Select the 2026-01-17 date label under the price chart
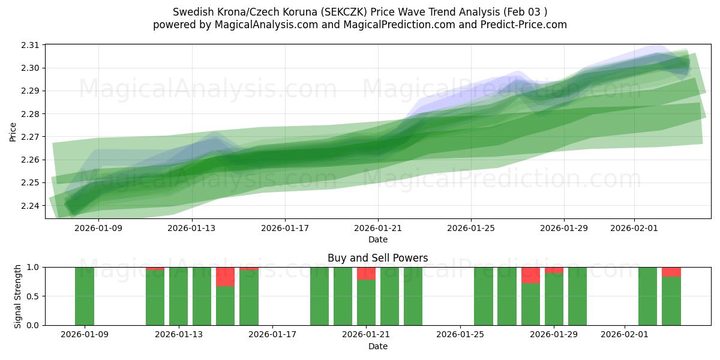(285, 228)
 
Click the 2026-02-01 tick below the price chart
(635, 228)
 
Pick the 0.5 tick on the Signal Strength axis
(33, 296)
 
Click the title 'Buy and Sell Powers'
(377, 258)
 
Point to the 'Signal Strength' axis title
(18, 296)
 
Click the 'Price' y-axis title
(13, 131)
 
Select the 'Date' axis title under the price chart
(377, 239)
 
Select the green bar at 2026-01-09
(85, 296)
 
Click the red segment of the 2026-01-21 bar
(366, 274)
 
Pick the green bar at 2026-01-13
(178, 296)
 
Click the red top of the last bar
(671, 272)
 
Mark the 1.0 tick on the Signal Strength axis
(33, 267)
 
